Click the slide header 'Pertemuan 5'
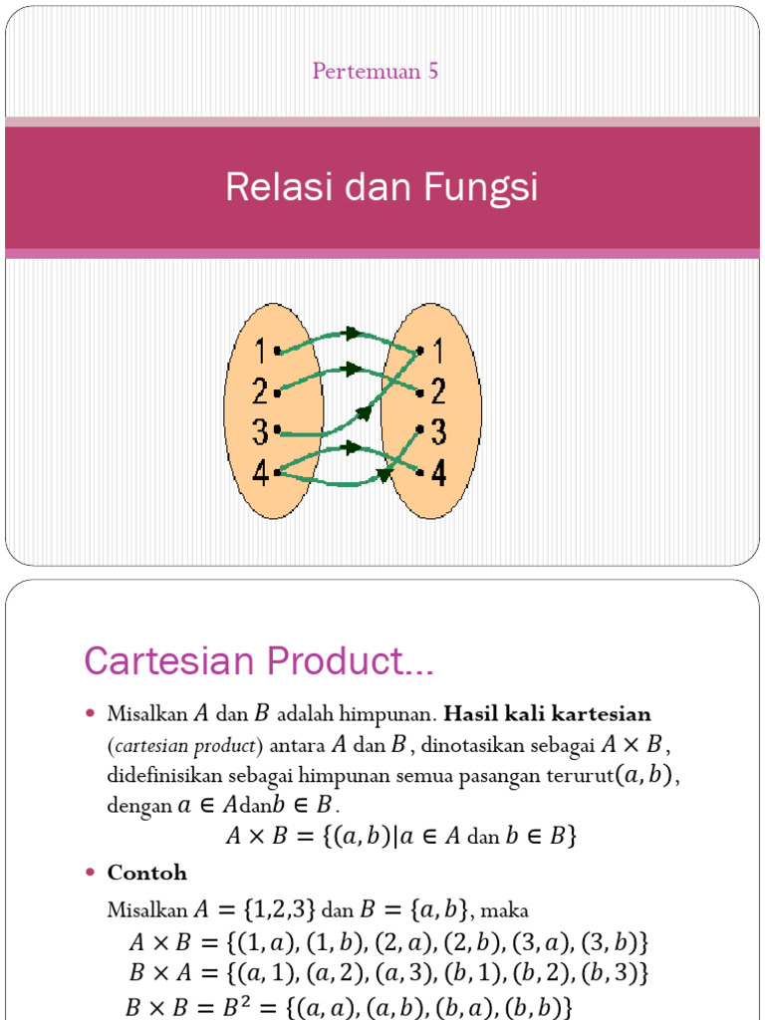point(376,71)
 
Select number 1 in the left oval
point(260,351)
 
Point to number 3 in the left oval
point(260,432)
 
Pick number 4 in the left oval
point(260,474)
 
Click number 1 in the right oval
point(438,351)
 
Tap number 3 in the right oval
point(438,432)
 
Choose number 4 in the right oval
point(438,473)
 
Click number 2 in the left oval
point(260,391)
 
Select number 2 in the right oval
point(438,391)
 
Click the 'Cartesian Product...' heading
point(259,660)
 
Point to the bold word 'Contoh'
point(147,873)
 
